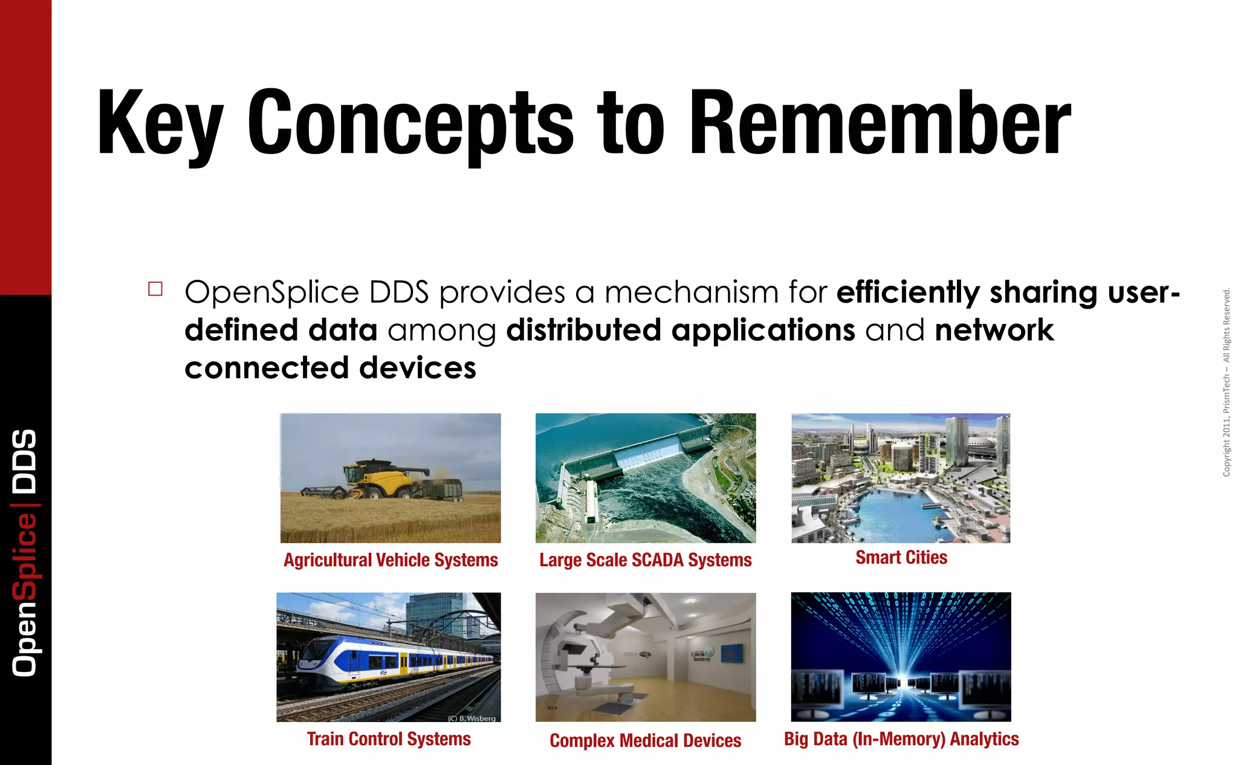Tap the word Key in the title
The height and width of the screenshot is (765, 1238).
[x=158, y=124]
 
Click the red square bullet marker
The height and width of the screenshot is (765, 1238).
[x=155, y=289]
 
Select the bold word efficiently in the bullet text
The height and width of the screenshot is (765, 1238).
[x=907, y=292]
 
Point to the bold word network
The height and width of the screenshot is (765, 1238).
[x=994, y=331]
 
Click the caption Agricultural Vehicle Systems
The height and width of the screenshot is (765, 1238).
[x=391, y=560]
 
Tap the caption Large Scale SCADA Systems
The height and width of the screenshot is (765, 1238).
[x=645, y=560]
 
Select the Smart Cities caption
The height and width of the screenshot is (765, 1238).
[x=901, y=557]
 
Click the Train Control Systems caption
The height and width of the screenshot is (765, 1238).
[x=388, y=739]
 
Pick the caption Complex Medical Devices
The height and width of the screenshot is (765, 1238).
[x=645, y=741]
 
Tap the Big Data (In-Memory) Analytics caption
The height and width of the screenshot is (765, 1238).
[x=901, y=739]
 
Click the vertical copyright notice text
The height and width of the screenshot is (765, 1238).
[x=1226, y=382]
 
